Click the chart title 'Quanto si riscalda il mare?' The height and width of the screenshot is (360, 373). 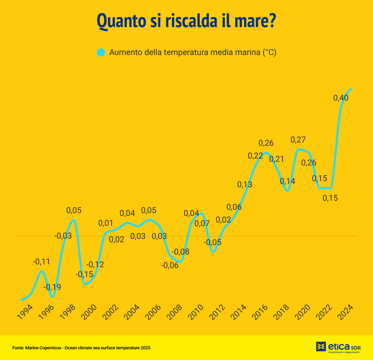tap(186, 21)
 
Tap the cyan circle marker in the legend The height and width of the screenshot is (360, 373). tap(101, 53)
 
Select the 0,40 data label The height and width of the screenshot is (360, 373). tap(341, 98)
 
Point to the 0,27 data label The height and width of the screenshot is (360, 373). tap(298, 140)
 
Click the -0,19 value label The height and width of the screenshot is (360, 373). tap(52, 287)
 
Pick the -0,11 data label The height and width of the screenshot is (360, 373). tap(41, 261)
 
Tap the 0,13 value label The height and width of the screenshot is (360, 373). tap(245, 184)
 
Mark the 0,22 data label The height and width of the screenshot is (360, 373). tap(255, 156)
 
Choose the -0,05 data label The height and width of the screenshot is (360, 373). tap(213, 242)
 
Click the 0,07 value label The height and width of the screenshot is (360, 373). tap(201, 224)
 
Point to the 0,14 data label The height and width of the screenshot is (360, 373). tap(287, 181)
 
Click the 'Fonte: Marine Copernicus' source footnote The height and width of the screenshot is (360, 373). tap(81, 348)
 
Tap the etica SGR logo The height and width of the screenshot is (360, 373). tap(338, 347)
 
